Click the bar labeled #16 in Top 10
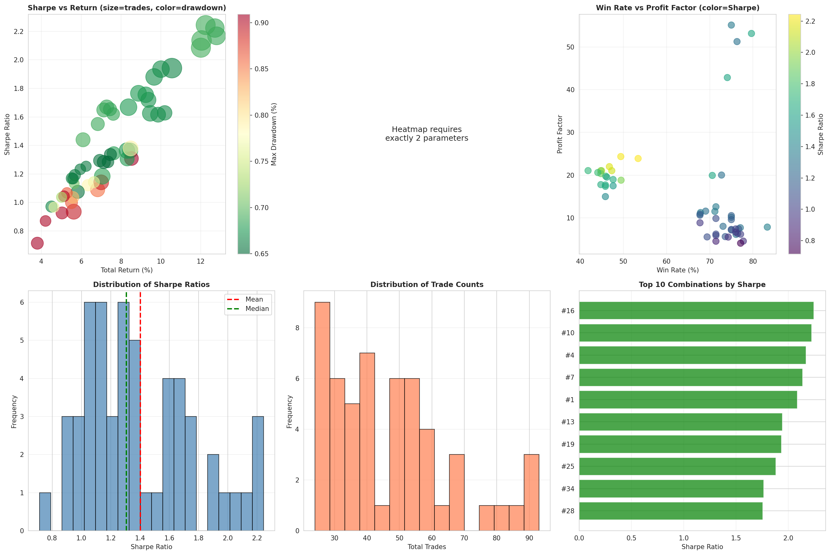pos(696,310)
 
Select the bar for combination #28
pos(670,511)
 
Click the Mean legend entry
pos(254,299)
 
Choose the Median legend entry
pos(257,309)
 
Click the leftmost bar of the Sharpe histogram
pos(45,511)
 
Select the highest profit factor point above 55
pos(731,25)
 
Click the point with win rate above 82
pos(767,227)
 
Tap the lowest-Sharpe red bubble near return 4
pos(37,243)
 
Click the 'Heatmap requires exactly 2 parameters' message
pos(427,134)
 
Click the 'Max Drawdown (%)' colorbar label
pos(274,134)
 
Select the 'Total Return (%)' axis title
pos(127,270)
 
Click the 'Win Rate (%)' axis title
pos(678,270)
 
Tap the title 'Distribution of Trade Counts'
pos(427,285)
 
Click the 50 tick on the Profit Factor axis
pos(570,47)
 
